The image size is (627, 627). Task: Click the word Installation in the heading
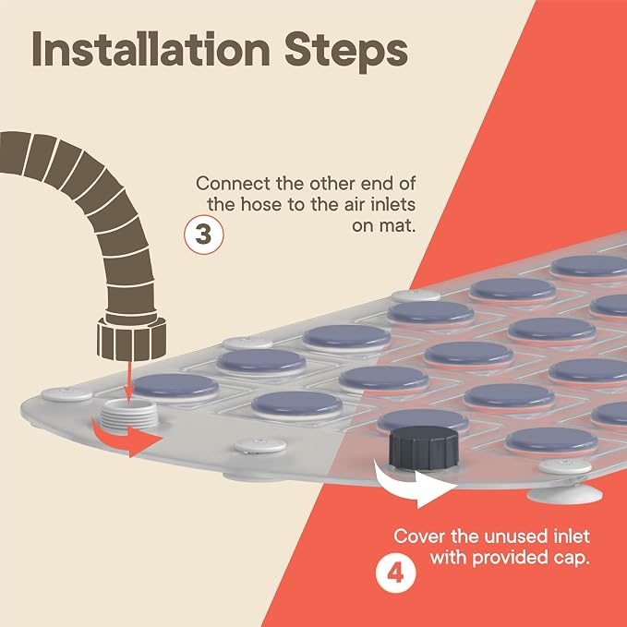tap(151, 50)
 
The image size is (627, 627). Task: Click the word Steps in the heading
tap(346, 53)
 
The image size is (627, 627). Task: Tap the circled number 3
tap(204, 235)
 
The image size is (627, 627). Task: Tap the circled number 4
tap(395, 573)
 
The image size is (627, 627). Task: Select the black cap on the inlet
tap(424, 448)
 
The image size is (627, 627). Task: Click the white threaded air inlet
tap(129, 414)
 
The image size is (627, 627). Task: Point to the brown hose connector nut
tap(131, 338)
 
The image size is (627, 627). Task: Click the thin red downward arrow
tap(128, 382)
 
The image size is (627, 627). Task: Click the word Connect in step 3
tap(233, 184)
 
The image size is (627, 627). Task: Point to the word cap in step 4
tap(573, 559)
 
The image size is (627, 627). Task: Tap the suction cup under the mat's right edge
tap(564, 494)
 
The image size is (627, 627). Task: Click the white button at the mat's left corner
tap(66, 394)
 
